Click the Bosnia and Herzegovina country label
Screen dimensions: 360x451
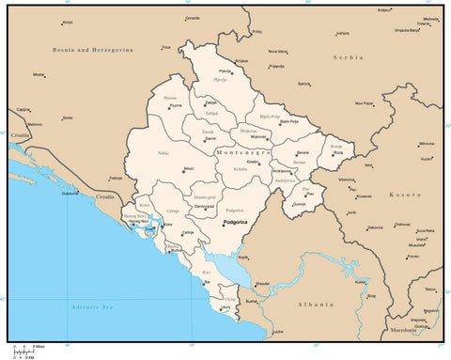[92, 50]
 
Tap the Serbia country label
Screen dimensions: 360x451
[349, 57]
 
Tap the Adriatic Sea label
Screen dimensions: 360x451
[93, 307]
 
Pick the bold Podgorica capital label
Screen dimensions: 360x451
[237, 223]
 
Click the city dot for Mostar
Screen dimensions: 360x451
[46, 75]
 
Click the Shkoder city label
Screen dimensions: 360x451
[261, 283]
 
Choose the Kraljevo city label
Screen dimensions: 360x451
[384, 9]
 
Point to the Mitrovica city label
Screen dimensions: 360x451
[427, 144]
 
